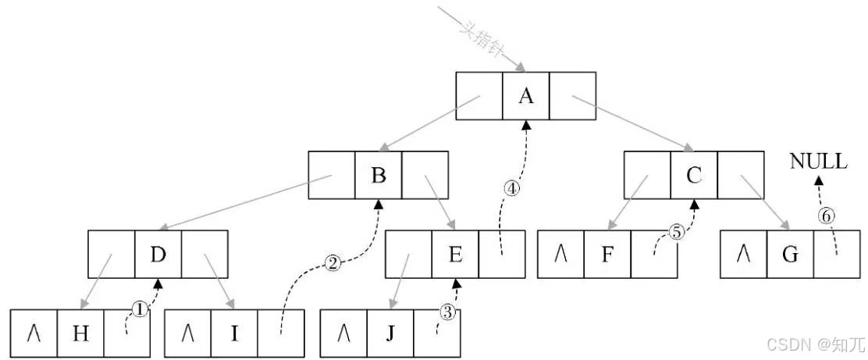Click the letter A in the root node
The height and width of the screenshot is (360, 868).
tap(526, 96)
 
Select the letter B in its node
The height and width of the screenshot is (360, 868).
tap(379, 176)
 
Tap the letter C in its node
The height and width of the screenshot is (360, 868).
tap(694, 176)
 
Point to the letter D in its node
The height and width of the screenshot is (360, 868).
tap(158, 255)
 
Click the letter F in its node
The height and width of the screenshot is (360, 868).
tap(608, 255)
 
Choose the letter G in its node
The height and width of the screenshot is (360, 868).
tap(789, 255)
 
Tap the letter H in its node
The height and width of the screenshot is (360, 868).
tap(80, 334)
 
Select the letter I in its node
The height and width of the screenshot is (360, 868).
tap(233, 334)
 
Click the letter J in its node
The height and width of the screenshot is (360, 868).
tap(390, 334)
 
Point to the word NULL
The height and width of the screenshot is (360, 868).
tap(818, 162)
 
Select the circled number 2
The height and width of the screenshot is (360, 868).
tap(333, 263)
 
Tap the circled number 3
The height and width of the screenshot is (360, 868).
tap(446, 312)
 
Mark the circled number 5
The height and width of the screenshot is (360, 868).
tap(676, 232)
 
